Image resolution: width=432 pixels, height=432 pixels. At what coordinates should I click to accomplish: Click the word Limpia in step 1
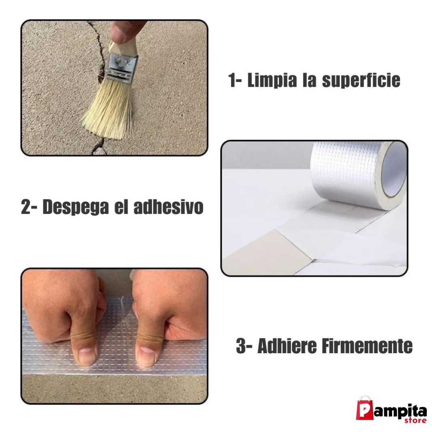pos(272,81)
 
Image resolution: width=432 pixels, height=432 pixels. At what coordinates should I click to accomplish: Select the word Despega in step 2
pos(76,207)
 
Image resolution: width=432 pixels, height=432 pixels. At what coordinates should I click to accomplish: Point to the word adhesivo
pos(168,207)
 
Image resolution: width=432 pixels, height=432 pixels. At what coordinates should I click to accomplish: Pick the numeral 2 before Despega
pos(26,207)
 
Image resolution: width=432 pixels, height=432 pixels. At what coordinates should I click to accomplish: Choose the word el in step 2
pos(121,207)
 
